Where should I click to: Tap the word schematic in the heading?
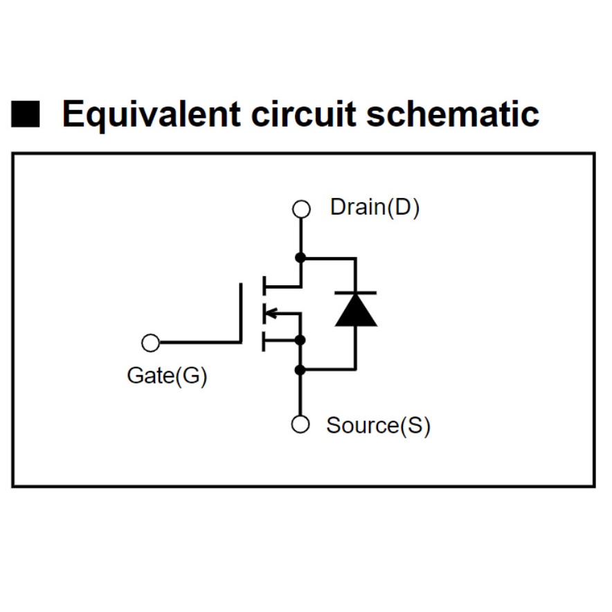453,115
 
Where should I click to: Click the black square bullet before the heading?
26,115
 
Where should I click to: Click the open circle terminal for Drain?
300,208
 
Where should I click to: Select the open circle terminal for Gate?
150,343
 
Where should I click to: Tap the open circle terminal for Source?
300,424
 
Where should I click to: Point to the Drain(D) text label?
375,207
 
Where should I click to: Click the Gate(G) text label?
167,376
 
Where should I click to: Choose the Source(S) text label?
378,424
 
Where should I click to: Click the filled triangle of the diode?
356,311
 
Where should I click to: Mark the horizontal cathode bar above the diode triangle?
356,292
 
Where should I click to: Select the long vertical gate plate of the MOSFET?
242,312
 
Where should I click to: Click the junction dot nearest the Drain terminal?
300,258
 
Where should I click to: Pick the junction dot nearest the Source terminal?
300,370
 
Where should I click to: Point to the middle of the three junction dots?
300,340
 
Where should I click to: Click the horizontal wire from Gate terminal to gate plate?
201,343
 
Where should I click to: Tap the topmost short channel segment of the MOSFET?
264,284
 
